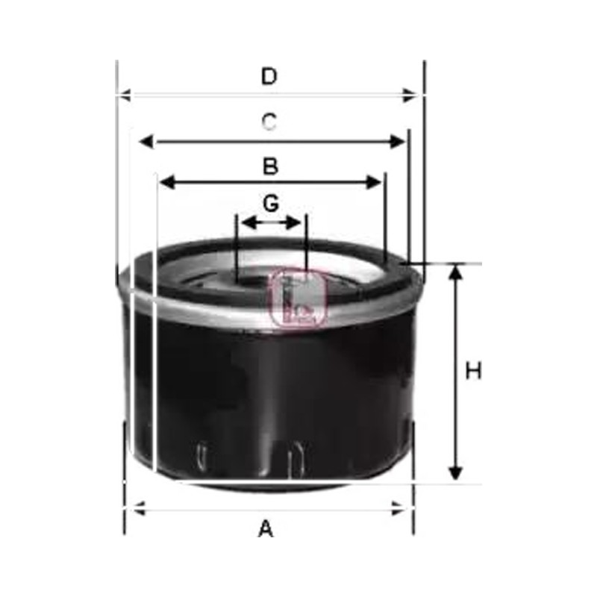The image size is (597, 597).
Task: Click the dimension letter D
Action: [x=269, y=76]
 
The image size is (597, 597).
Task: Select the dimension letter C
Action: [x=269, y=122]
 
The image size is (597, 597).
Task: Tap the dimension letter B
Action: [x=270, y=166]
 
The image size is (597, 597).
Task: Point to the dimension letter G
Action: [x=271, y=203]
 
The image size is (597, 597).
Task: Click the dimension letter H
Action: [x=473, y=370]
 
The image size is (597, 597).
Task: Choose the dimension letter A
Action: [x=266, y=528]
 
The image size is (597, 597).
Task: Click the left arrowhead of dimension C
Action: [x=146, y=142]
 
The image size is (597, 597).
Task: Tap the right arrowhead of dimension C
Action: [x=398, y=142]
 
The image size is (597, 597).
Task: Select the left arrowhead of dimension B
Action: [x=166, y=182]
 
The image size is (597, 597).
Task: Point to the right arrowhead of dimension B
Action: [x=373, y=182]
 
